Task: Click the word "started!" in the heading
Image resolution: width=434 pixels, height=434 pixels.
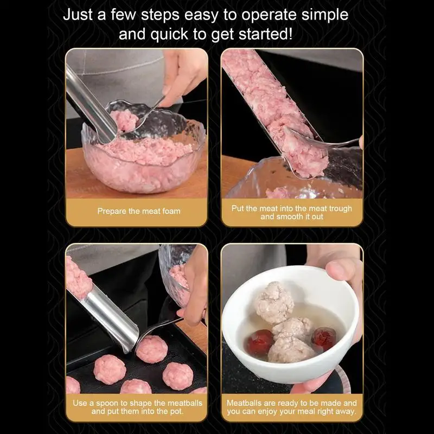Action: tap(265, 34)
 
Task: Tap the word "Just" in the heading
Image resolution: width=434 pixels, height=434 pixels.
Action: tap(78, 15)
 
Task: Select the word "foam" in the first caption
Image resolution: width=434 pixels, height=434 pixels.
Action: tap(171, 211)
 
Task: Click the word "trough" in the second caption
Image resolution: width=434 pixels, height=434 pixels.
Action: tap(341, 209)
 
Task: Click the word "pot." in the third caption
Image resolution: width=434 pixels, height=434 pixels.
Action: tap(177, 411)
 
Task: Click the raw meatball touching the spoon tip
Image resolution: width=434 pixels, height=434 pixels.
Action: tap(152, 349)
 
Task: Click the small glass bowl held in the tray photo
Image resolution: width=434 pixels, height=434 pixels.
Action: tap(175, 274)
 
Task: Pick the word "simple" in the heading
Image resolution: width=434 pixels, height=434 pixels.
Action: tap(324, 15)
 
